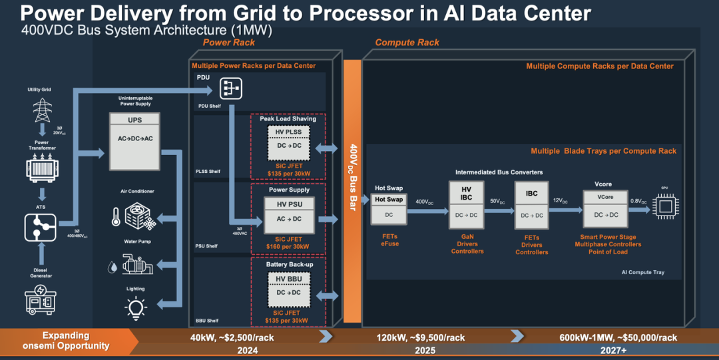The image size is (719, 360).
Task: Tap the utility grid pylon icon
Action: pos(43,109)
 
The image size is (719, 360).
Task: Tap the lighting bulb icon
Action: pos(135,307)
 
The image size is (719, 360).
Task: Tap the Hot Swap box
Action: pos(389,207)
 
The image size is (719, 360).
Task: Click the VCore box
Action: pos(604,206)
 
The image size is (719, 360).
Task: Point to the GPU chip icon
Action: pos(664,206)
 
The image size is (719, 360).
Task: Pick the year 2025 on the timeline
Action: pos(425,350)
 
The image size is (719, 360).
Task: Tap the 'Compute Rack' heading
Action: pos(398,43)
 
